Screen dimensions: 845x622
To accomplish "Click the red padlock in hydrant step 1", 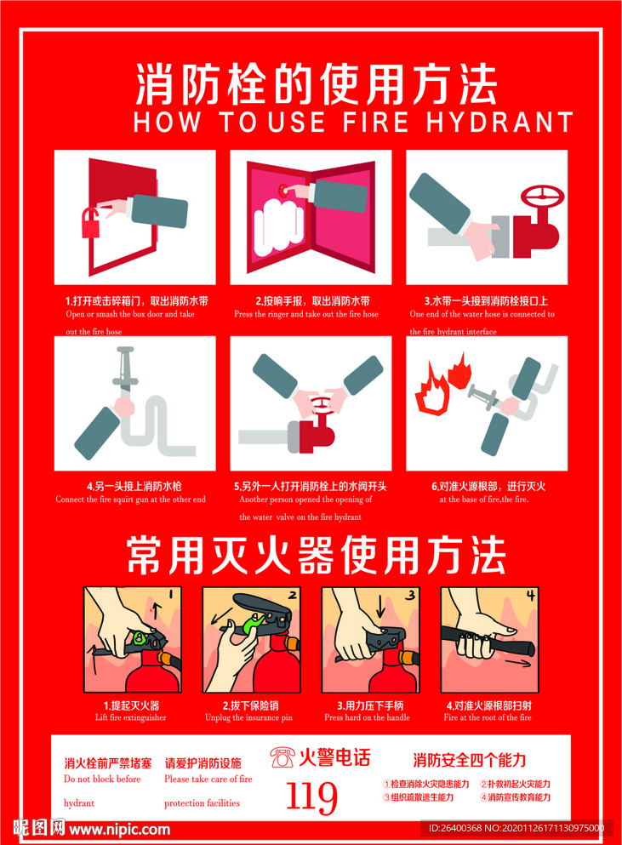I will (88, 224).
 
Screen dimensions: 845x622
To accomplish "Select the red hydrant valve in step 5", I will (319, 431).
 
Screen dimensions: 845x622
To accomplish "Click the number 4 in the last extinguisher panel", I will (532, 595).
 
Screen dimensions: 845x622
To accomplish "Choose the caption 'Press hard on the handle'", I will (367, 717).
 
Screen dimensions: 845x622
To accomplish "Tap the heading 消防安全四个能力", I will (469, 759).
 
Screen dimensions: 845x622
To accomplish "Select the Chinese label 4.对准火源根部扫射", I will (488, 705).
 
